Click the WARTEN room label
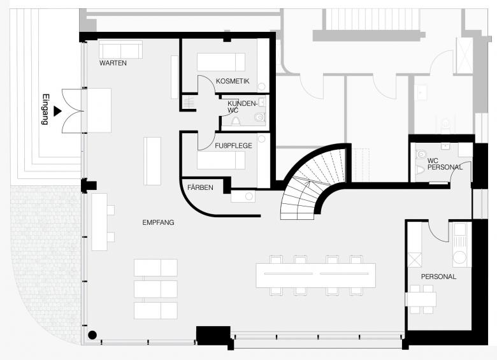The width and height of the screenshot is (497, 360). pos(113,63)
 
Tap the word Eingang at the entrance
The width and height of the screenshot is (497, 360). pos(46,110)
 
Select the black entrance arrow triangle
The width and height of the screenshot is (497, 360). pos(57,111)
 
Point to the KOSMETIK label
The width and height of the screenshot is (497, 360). pos(233,81)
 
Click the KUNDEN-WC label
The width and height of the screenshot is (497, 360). pos(241,107)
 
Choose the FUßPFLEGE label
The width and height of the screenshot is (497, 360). pos(233,146)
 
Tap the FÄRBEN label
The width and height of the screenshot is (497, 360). pos(200,187)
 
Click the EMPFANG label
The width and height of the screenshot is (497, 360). pos(158,222)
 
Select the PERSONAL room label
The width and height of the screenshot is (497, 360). pos(438,277)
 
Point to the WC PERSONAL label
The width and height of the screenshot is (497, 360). pos(445,164)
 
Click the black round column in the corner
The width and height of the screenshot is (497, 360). pos(92,335)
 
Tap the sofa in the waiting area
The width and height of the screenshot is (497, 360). pos(120,49)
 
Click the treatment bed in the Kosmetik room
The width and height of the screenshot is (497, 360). pos(221,62)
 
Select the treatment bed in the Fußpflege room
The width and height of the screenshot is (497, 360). pos(221,160)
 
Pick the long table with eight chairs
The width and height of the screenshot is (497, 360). pos(315,275)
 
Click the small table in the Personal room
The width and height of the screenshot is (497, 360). pos(421,299)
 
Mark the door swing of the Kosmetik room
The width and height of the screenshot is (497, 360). pos(206,85)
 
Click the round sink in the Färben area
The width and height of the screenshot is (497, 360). pos(249,196)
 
